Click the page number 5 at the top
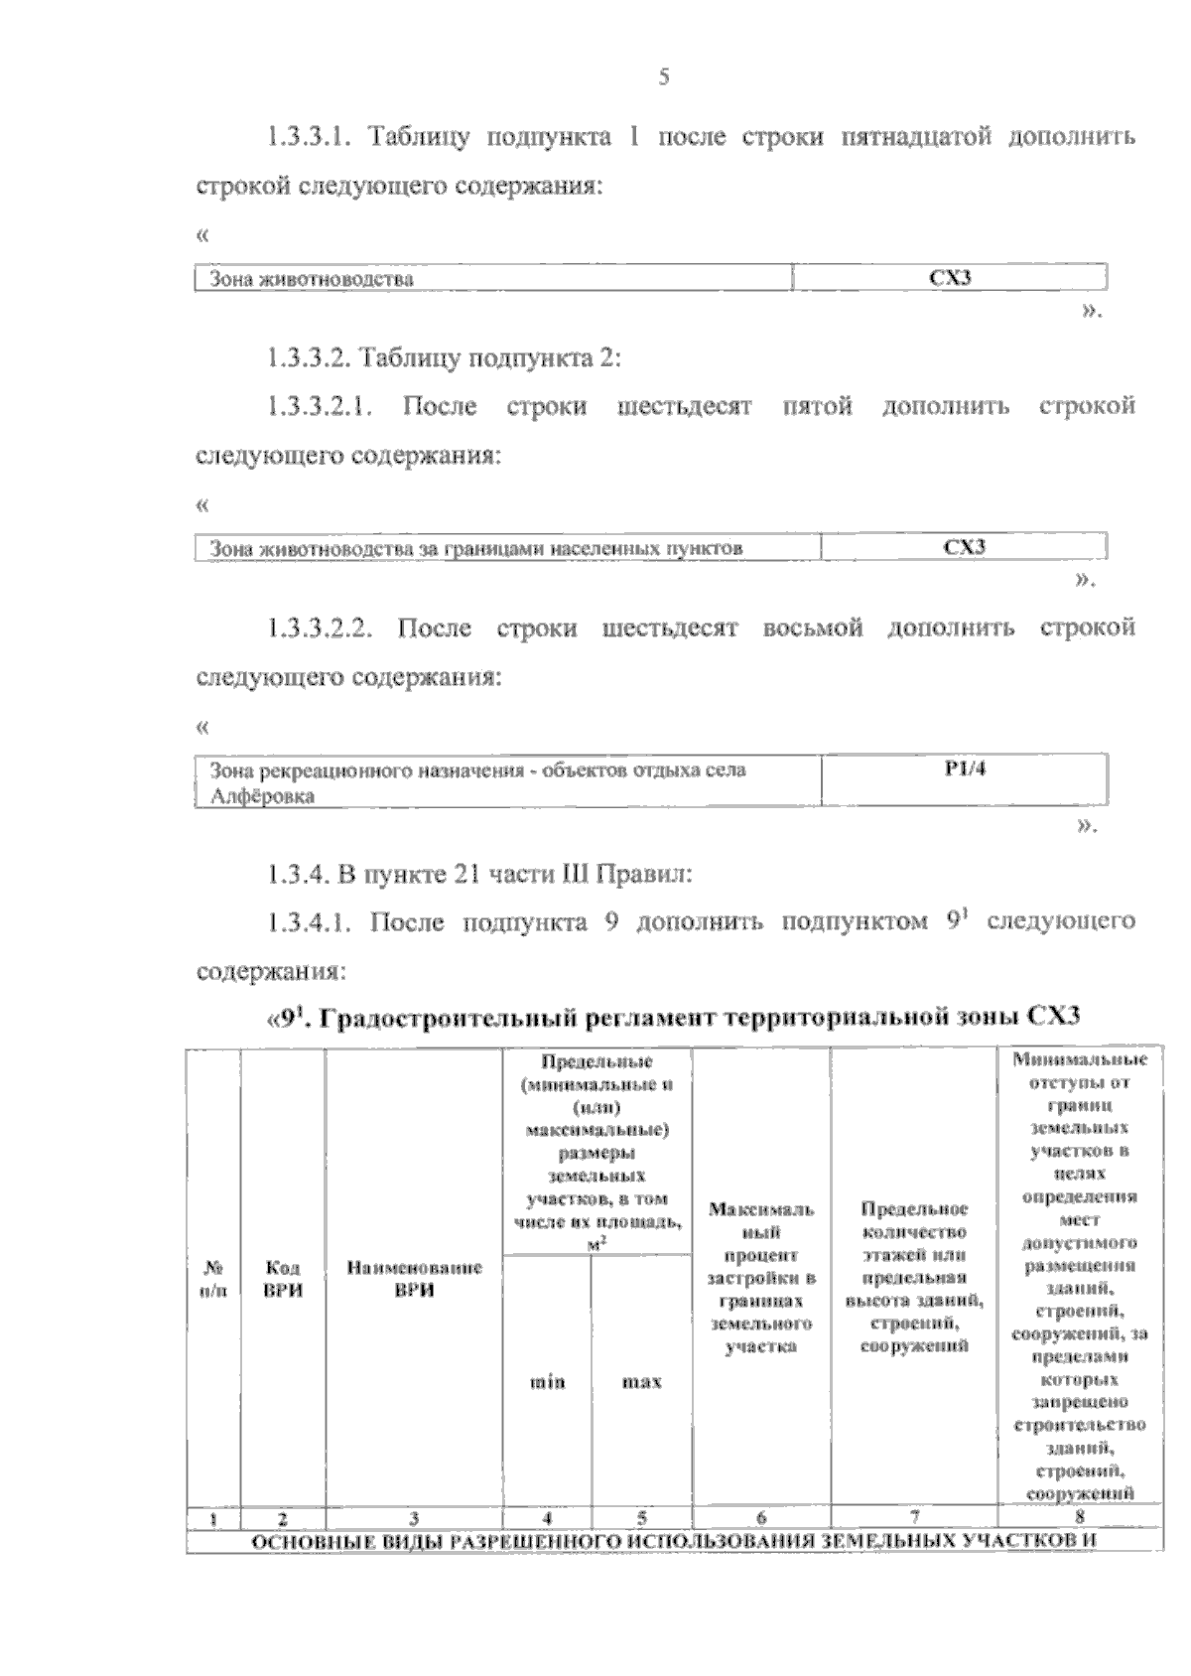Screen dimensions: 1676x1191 [664, 77]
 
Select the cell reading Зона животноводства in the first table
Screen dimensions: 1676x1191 [311, 279]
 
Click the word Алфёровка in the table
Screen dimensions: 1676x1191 [262, 796]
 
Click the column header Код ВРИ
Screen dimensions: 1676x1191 [284, 1279]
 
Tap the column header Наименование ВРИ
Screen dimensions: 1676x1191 [414, 1279]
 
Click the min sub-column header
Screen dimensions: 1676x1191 [547, 1381]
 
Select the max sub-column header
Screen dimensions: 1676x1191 [641, 1381]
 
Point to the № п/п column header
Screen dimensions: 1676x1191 [213, 1279]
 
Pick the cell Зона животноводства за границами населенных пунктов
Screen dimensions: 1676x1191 [475, 548]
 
